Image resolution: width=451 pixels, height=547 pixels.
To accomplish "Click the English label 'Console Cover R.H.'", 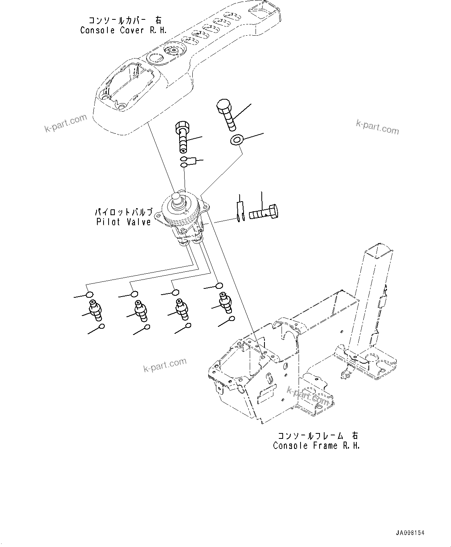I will click(x=123, y=30).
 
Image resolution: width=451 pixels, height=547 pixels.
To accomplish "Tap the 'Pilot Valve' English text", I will click(x=123, y=222).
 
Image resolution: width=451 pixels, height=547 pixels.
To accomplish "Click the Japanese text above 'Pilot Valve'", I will click(x=123, y=212).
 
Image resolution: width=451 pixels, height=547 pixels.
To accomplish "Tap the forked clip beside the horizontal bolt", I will click(x=240, y=211).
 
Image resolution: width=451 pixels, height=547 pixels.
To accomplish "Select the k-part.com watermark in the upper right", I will click(x=377, y=127).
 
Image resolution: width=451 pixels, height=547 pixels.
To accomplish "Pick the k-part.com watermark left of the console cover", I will click(x=66, y=123).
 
